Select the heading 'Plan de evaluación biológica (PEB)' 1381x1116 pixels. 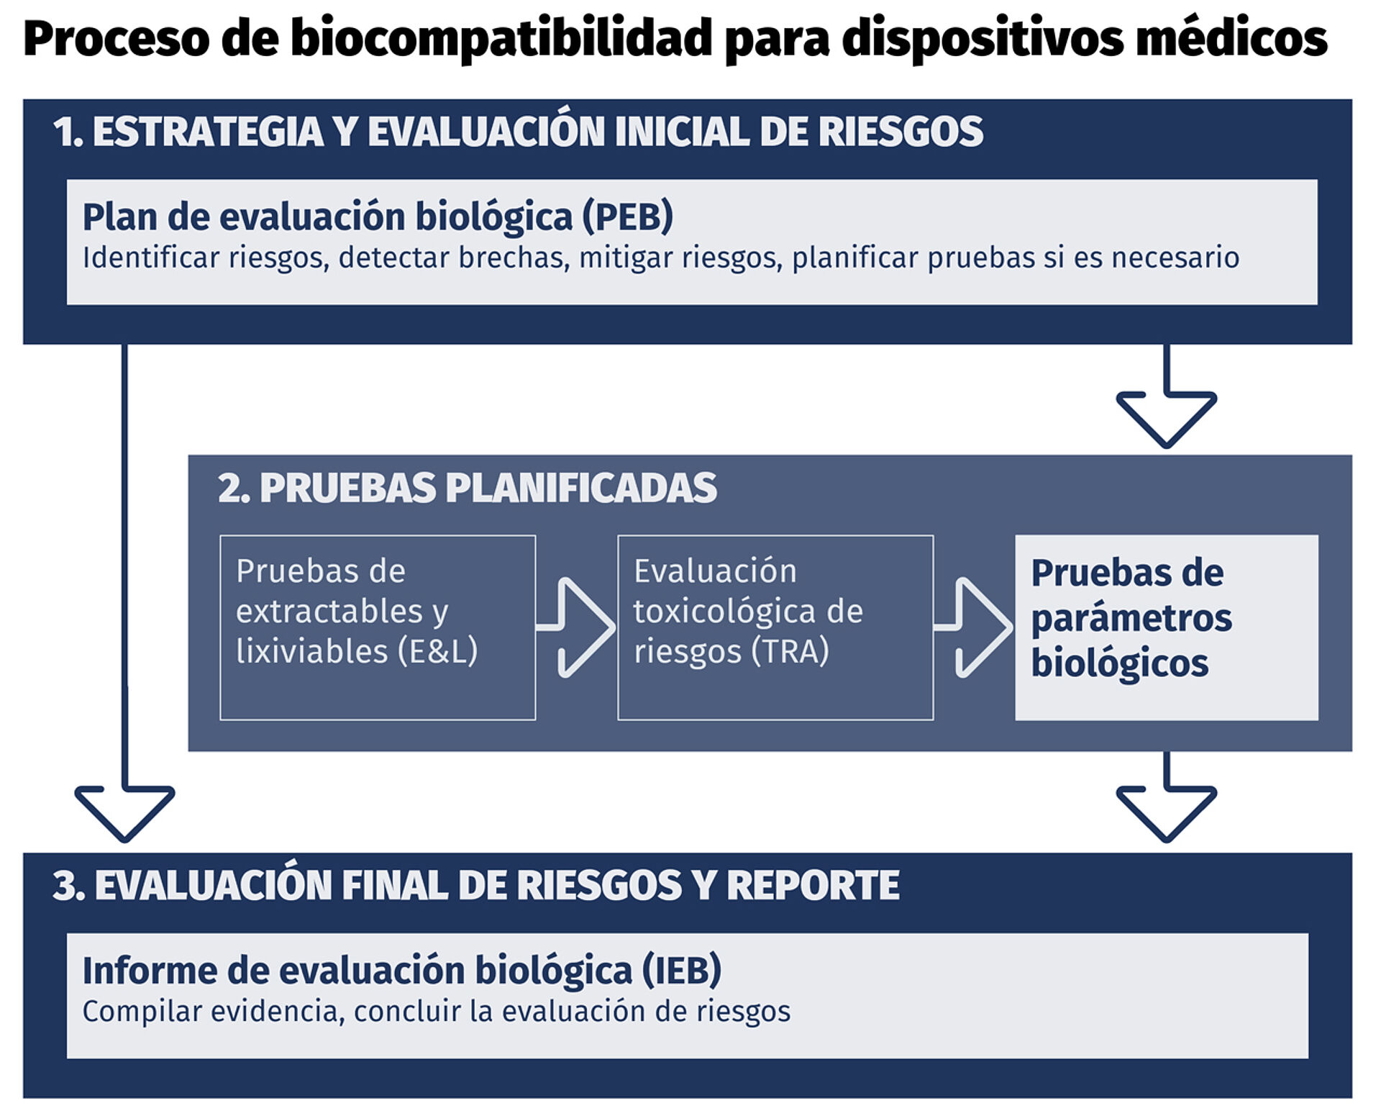click(378, 217)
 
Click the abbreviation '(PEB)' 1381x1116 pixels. click(628, 217)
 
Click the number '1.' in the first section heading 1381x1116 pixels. click(68, 132)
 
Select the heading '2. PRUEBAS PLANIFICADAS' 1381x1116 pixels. click(467, 488)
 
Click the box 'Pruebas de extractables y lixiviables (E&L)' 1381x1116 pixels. click(378, 627)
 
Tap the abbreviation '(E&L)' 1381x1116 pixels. click(438, 651)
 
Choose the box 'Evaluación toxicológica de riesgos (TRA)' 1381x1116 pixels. click(775, 627)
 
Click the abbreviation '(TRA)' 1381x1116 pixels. click(790, 651)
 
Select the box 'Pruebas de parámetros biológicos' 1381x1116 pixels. click(1167, 627)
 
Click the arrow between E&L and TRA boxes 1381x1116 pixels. click(576, 627)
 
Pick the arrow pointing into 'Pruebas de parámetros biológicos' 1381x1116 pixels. click(973, 627)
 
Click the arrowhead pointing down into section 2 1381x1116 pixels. click(1166, 419)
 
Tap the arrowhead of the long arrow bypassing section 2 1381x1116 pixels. click(124, 813)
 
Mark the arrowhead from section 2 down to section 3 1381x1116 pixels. click(1166, 813)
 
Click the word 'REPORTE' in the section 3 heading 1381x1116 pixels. click(813, 885)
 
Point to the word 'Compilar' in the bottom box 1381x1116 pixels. click(136, 1012)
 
